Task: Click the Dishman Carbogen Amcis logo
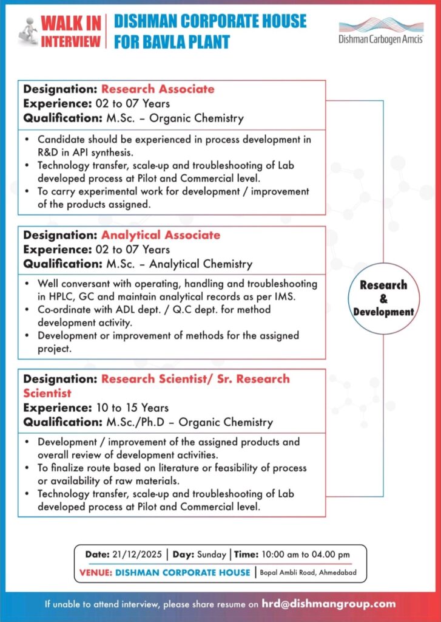point(381,31)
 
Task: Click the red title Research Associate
point(158,89)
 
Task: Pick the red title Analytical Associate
point(161,235)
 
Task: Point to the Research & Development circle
point(383,298)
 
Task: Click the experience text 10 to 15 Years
point(132,408)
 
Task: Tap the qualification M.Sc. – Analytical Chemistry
point(173,264)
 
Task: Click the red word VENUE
point(96,572)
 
